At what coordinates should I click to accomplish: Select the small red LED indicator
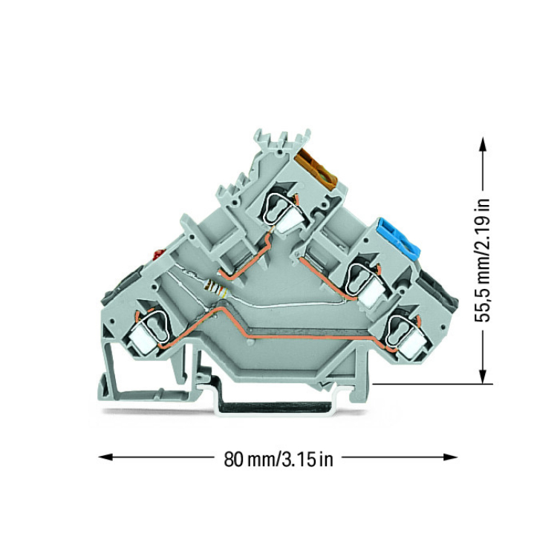(157, 255)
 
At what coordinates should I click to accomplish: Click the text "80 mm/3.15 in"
(278, 457)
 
